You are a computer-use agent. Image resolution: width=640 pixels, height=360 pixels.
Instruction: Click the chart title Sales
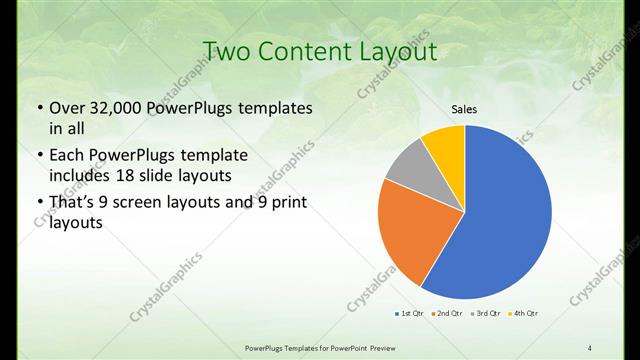click(x=464, y=108)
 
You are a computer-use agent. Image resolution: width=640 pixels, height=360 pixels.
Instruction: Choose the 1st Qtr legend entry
click(x=409, y=313)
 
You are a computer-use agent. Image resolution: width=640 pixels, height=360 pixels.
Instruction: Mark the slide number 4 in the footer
click(x=590, y=347)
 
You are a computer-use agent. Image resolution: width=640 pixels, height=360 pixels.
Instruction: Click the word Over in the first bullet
click(x=67, y=108)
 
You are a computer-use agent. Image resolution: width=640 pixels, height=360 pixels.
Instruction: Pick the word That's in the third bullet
click(x=75, y=203)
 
